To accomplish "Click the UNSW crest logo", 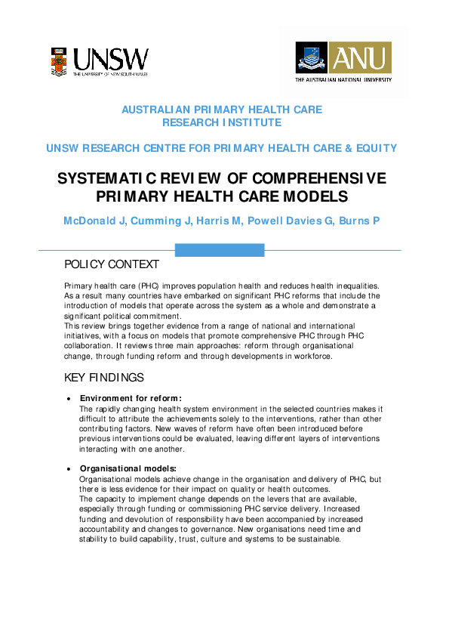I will (x=60, y=61).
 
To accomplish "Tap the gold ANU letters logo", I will (x=364, y=57).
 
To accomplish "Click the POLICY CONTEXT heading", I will (x=112, y=264).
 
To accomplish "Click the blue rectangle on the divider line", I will (x=220, y=250).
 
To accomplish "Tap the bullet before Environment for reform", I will (x=69, y=399).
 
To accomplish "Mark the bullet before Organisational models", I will (x=69, y=468).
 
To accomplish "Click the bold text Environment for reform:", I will (x=131, y=398).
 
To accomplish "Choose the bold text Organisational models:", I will (x=128, y=468).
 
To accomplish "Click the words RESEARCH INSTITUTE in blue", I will (x=222, y=122).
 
